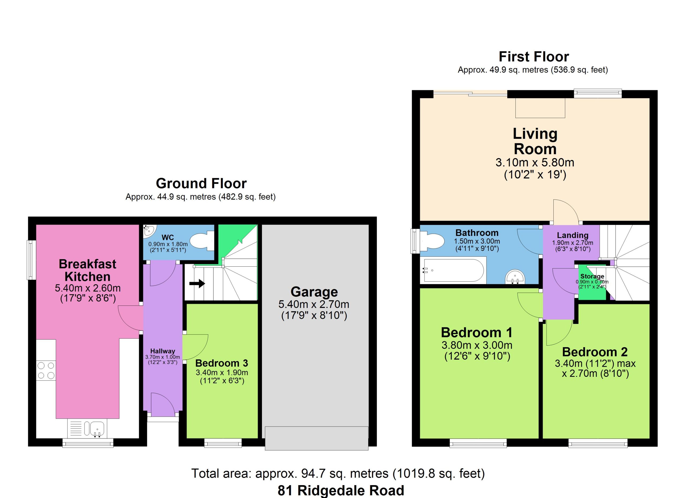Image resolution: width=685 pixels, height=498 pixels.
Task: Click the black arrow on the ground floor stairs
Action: [197, 284]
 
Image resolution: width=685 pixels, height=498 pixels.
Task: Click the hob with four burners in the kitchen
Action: [46, 370]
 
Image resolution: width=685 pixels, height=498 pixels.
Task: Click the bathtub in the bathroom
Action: [453, 270]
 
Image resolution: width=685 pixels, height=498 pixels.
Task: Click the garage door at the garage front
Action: [317, 438]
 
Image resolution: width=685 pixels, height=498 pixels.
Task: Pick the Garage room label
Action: [314, 292]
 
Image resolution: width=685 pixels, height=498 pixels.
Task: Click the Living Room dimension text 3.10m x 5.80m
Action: [535, 163]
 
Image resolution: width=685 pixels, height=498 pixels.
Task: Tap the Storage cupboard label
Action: [592, 276]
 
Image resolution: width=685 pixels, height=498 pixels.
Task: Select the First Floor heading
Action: [534, 57]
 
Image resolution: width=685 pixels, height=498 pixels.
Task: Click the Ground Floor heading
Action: [201, 183]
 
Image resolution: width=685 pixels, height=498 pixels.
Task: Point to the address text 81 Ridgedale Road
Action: [341, 491]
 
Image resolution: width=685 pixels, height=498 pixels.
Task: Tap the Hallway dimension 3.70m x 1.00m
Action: [162, 357]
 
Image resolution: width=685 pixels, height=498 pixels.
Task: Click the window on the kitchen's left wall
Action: [31, 259]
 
